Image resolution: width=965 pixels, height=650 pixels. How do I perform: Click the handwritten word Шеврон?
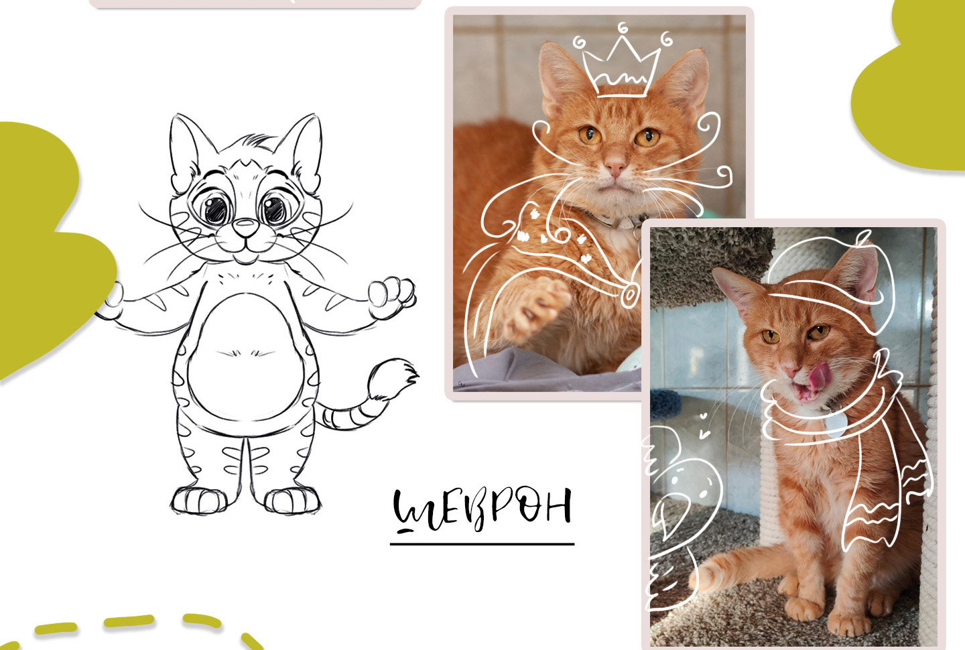pyautogui.click(x=482, y=511)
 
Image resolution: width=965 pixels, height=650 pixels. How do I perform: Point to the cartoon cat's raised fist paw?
pyautogui.click(x=391, y=296)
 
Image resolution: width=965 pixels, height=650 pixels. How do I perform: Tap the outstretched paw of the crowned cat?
pyautogui.click(x=536, y=308)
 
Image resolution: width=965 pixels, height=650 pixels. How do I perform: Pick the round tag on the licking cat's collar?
pyautogui.click(x=836, y=424)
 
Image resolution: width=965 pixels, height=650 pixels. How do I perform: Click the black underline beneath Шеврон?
pyautogui.click(x=482, y=544)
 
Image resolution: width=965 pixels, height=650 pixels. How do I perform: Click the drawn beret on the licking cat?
pyautogui.click(x=827, y=284)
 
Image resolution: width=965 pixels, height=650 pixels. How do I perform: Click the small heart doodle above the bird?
pyautogui.click(x=704, y=417)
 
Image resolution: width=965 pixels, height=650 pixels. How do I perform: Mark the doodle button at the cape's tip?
pyautogui.click(x=630, y=295)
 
